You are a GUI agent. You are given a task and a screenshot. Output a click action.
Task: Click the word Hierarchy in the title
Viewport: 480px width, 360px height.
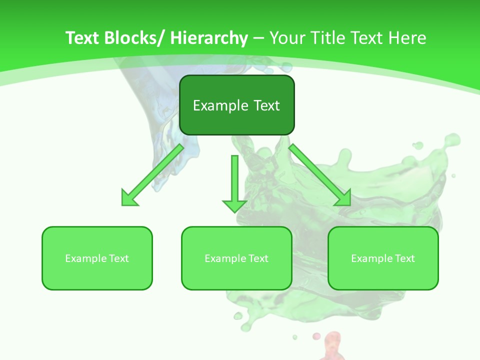[209, 38]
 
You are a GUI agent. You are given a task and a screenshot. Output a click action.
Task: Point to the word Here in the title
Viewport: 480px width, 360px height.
[408, 38]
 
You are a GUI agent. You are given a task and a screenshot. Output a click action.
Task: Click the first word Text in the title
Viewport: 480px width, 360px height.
[82, 38]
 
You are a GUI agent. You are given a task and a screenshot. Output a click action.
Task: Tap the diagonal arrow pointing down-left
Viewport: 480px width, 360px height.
[152, 175]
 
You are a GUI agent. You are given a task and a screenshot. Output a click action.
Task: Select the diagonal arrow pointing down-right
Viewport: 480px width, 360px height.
[320, 175]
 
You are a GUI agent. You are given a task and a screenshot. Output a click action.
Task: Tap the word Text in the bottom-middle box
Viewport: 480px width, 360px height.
[258, 258]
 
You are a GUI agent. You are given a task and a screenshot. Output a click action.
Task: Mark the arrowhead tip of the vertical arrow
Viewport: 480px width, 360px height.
[234, 212]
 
